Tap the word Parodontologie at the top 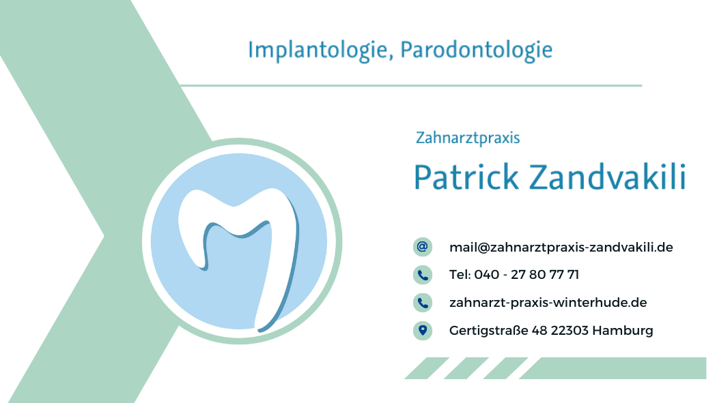click(x=477, y=50)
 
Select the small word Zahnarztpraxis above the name click(x=468, y=138)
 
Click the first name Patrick click(x=466, y=177)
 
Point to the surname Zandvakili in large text click(x=608, y=177)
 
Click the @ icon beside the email click(x=423, y=247)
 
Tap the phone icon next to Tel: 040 click(x=423, y=275)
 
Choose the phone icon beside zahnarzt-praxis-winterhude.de click(x=423, y=303)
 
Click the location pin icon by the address click(x=423, y=331)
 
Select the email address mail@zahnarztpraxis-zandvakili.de click(x=561, y=248)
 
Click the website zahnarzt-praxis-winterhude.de click(x=548, y=303)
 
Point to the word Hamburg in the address click(x=622, y=331)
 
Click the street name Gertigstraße click(x=488, y=331)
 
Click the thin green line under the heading click(x=410, y=85)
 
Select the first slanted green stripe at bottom click(x=427, y=368)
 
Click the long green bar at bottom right click(x=613, y=368)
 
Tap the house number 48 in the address click(x=539, y=331)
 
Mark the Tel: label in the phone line click(x=460, y=275)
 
